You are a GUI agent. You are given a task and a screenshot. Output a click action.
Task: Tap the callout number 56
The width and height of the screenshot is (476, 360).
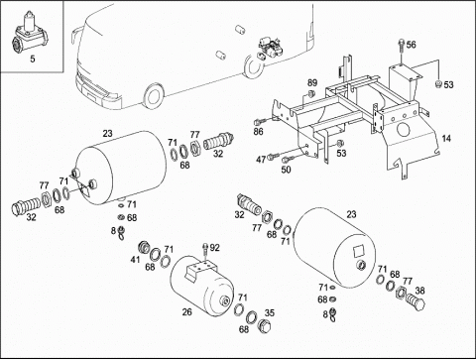click(x=411, y=45)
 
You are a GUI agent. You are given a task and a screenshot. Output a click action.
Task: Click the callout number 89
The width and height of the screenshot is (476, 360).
click(x=312, y=82)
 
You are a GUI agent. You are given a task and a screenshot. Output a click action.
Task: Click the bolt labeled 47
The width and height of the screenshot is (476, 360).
click(x=273, y=156)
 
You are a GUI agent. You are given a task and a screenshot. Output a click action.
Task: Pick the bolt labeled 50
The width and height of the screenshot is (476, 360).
click(x=288, y=160)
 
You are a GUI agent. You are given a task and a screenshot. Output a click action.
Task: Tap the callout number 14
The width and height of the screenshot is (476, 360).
click(x=446, y=138)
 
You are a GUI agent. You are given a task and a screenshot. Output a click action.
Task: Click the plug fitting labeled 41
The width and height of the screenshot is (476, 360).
click(x=144, y=247)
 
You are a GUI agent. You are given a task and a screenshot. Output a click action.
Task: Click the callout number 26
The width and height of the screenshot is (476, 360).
click(x=186, y=311)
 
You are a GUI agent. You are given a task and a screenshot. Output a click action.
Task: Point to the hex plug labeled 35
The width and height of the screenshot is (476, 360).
click(x=264, y=325)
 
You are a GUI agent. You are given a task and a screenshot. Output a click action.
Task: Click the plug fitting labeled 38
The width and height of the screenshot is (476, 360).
click(x=416, y=301)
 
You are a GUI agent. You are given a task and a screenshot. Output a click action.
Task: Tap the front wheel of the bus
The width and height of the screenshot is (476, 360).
click(x=153, y=96)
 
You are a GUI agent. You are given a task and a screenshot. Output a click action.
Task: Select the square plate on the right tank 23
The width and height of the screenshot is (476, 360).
click(x=360, y=250)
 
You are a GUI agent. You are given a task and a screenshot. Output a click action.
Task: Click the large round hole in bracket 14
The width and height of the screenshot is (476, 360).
click(x=404, y=130)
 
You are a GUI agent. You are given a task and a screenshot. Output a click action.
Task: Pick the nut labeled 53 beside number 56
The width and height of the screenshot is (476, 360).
click(x=438, y=84)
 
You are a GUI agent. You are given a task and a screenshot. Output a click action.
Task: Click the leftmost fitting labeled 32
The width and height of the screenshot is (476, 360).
click(x=26, y=205)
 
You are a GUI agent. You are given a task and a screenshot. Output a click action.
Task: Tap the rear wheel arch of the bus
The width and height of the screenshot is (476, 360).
click(x=253, y=66)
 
